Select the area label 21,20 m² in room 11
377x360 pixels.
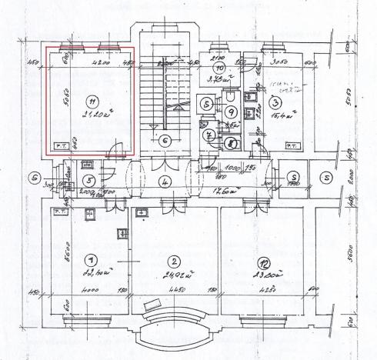(x=93, y=116)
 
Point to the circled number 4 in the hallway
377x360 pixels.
(x=165, y=182)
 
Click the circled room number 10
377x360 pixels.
(x=219, y=67)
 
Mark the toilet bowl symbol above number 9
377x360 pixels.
(x=231, y=98)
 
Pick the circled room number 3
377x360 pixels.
(x=275, y=102)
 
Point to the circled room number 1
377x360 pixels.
(x=92, y=259)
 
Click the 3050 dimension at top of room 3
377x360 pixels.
(x=279, y=62)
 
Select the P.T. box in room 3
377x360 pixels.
(x=292, y=144)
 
